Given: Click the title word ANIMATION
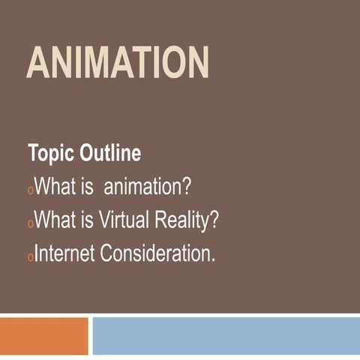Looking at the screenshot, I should click(118, 63).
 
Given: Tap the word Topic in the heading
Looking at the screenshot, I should click(49, 154).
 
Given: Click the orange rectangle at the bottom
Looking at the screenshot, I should click(43, 335).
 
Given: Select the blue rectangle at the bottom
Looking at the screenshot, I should click(226, 335).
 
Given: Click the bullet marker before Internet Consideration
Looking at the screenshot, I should click(31, 258).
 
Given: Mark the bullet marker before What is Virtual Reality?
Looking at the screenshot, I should click(31, 224).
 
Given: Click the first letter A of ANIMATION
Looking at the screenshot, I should click(39, 63).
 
